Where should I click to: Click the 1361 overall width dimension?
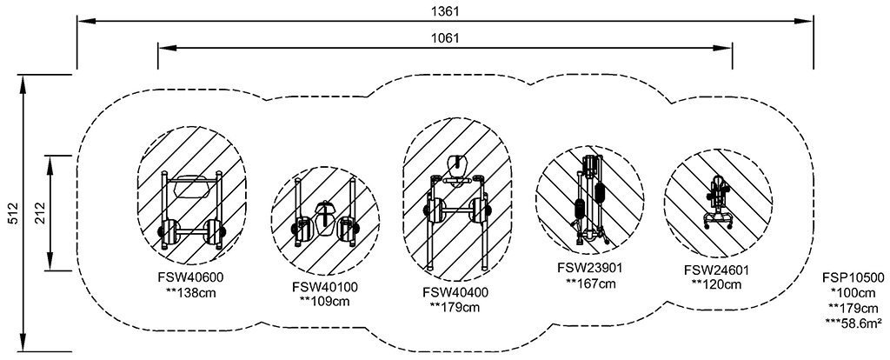pyautogui.click(x=445, y=10)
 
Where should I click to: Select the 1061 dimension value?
pyautogui.click(x=445, y=38)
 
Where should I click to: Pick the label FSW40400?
pyautogui.click(x=455, y=292)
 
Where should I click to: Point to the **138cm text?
pyautogui.click(x=190, y=293)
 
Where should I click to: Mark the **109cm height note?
pyautogui.click(x=325, y=302)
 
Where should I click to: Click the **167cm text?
pyautogui.click(x=590, y=283)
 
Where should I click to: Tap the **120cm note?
pyautogui.click(x=717, y=284)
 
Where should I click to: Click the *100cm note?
pyautogui.click(x=853, y=293)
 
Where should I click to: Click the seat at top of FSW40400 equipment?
pyautogui.click(x=457, y=165)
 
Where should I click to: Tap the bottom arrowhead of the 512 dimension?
pyautogui.click(x=23, y=343)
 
